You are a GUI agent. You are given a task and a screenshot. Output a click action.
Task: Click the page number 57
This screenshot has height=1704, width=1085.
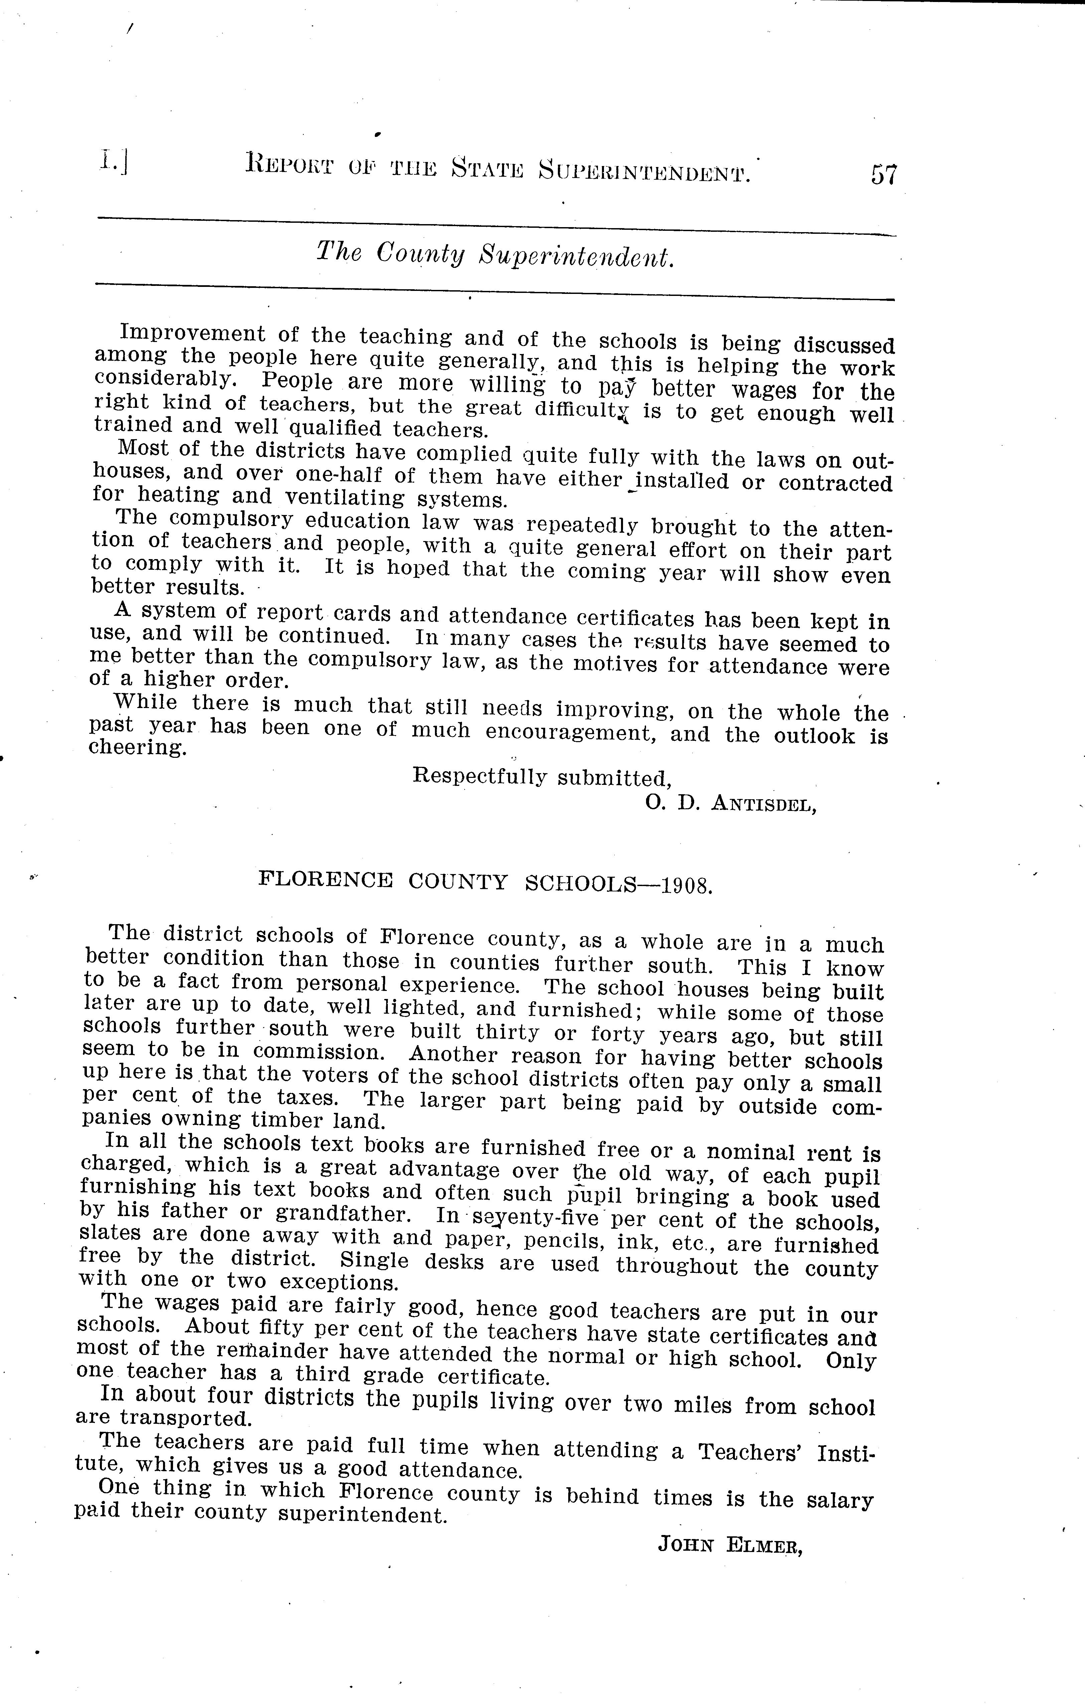pyautogui.click(x=883, y=174)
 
